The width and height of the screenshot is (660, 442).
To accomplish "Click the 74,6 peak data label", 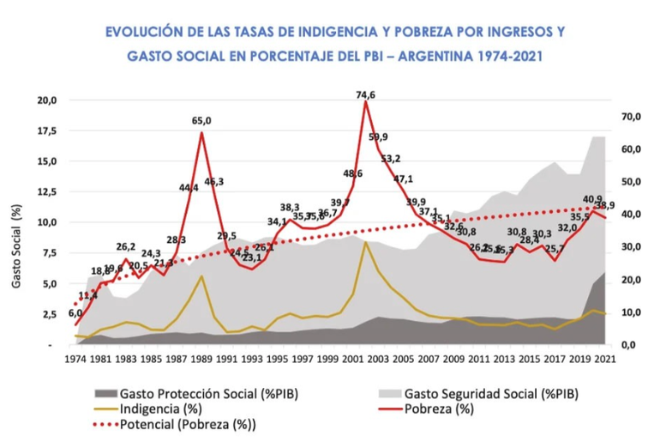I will [366, 94].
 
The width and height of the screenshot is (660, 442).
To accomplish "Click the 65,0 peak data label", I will [201, 121].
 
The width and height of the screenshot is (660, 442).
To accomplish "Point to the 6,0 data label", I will [75, 314].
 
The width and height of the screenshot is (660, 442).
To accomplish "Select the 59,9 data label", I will [378, 137].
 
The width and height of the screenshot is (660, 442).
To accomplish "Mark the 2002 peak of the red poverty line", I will [366, 102].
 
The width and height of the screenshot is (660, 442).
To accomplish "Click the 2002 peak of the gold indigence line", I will [366, 242].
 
